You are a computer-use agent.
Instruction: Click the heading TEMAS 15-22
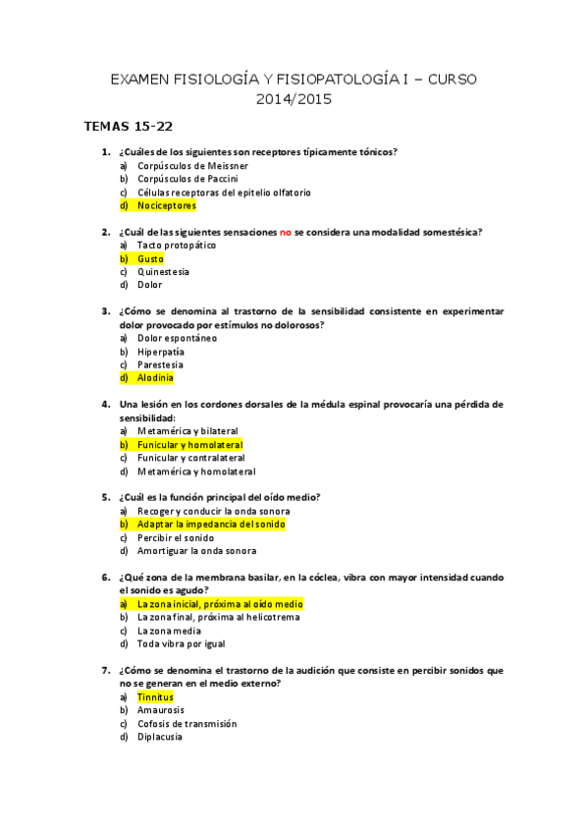coord(130,127)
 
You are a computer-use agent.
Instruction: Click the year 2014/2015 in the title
coord(294,99)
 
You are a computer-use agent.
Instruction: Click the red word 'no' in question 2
coord(286,232)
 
